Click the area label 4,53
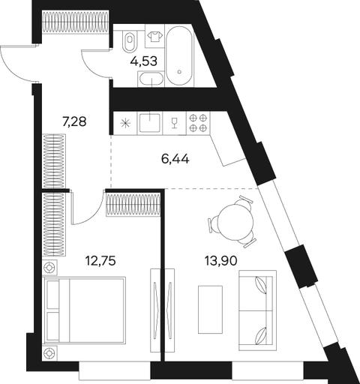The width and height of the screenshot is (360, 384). click(x=144, y=61)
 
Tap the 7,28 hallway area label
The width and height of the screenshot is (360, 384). click(x=74, y=121)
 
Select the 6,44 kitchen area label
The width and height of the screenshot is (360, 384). click(x=175, y=159)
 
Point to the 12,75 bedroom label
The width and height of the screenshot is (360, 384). click(x=100, y=261)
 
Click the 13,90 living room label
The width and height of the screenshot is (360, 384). click(x=221, y=261)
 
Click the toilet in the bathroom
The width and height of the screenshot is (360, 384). click(x=130, y=41)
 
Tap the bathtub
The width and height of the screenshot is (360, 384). click(x=179, y=55)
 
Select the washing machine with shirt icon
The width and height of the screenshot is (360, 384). click(x=154, y=36)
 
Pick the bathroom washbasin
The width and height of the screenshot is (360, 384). click(x=151, y=79)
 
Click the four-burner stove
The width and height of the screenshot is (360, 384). click(x=198, y=123)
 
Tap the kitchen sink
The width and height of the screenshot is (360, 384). click(x=150, y=123)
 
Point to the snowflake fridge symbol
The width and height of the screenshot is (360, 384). click(x=124, y=124)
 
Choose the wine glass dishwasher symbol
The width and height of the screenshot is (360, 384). click(x=174, y=123)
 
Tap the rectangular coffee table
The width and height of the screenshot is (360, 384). click(x=210, y=310)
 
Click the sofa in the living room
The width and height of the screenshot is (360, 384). click(x=257, y=310)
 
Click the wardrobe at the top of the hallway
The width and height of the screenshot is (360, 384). click(x=75, y=22)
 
